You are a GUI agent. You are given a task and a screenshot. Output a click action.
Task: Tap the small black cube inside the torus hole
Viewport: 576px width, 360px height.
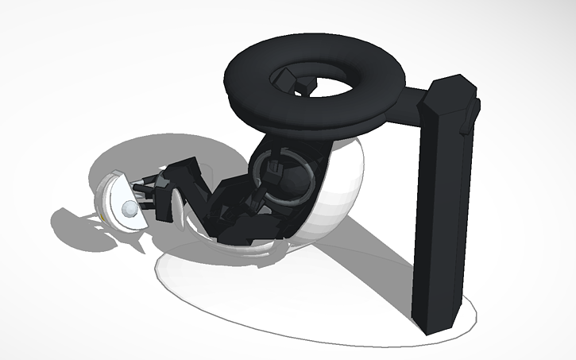click(x=304, y=83)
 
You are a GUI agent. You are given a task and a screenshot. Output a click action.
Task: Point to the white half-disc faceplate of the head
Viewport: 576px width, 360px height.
click(x=119, y=199)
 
